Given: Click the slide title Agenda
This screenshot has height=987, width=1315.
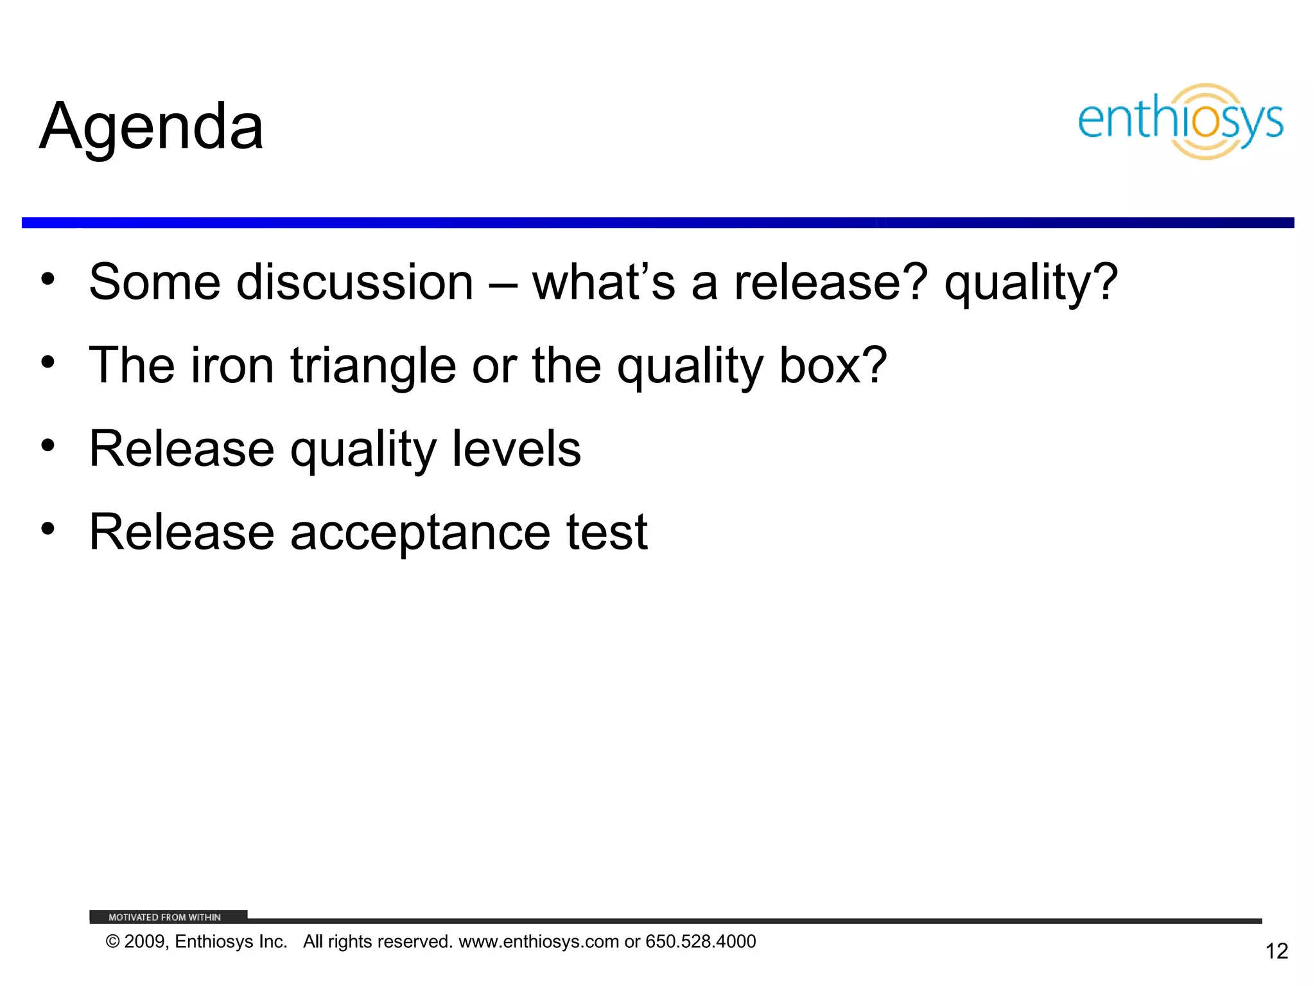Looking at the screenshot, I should click(x=152, y=127).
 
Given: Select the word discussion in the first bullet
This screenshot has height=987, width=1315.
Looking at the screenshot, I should click(x=354, y=283).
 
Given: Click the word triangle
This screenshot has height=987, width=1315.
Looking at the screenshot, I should click(x=373, y=366).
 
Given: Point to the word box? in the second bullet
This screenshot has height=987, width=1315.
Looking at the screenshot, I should click(x=833, y=365).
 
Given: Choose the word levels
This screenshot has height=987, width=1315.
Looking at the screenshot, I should click(x=516, y=449).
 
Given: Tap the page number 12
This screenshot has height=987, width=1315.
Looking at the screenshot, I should click(x=1276, y=951).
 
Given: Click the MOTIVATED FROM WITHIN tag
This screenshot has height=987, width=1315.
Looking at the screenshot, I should click(x=165, y=917).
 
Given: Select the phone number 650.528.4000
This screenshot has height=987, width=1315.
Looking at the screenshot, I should click(x=701, y=941).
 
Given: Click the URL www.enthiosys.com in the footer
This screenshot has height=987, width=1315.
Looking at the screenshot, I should click(x=539, y=941).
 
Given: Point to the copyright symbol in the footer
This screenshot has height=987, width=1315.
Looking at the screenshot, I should click(x=113, y=941).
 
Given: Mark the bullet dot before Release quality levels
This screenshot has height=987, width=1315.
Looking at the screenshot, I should click(x=48, y=445).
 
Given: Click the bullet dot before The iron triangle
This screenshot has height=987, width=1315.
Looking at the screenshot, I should click(x=48, y=362).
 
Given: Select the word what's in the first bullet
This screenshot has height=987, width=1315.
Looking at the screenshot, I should click(x=604, y=283).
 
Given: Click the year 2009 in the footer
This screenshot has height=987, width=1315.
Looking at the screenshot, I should click(x=145, y=941).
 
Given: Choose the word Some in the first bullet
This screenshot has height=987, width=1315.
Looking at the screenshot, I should click(x=155, y=283).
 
